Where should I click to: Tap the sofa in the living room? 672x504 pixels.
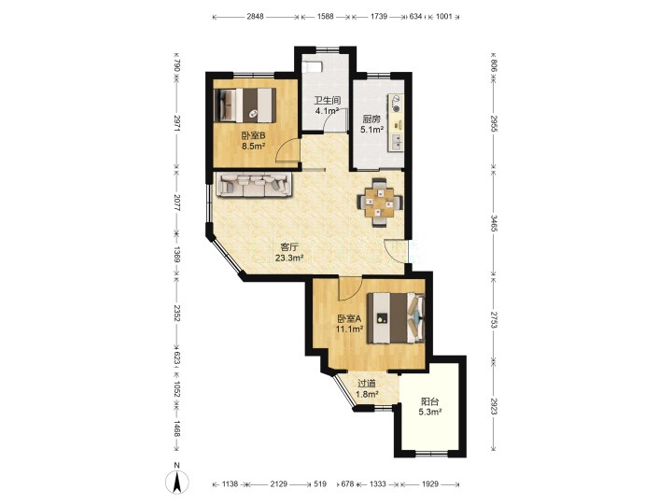tap(254, 184)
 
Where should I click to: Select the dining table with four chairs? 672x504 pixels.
tap(380, 202)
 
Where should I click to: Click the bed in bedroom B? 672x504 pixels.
tap(245, 105)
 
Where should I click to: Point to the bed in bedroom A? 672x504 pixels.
tap(396, 318)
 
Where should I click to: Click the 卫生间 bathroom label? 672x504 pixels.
tap(328, 101)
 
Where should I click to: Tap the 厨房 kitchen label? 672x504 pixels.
tap(371, 119)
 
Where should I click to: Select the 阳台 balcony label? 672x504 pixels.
tap(429, 402)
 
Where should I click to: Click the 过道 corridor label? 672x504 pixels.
tap(367, 384)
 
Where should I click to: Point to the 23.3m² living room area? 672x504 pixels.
tap(289, 258)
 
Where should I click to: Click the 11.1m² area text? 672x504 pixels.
tap(349, 329)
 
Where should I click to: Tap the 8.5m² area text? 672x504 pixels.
tap(253, 147)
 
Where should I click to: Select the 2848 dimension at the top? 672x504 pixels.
tap(255, 17)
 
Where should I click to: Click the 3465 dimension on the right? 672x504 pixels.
tap(494, 223)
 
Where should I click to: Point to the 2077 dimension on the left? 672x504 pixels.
tap(177, 202)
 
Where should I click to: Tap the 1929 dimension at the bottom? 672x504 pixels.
tap(430, 483)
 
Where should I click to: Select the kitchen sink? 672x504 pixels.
tap(397, 142)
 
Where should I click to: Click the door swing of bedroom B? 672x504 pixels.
tap(287, 150)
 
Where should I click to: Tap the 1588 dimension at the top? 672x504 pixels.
tap(326, 17)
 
